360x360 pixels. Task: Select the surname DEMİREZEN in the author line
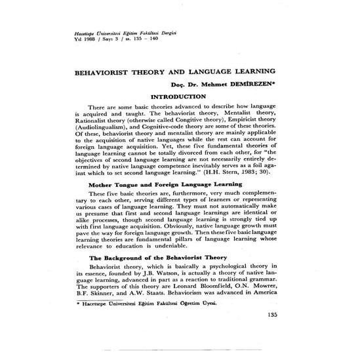(x=252, y=85)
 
